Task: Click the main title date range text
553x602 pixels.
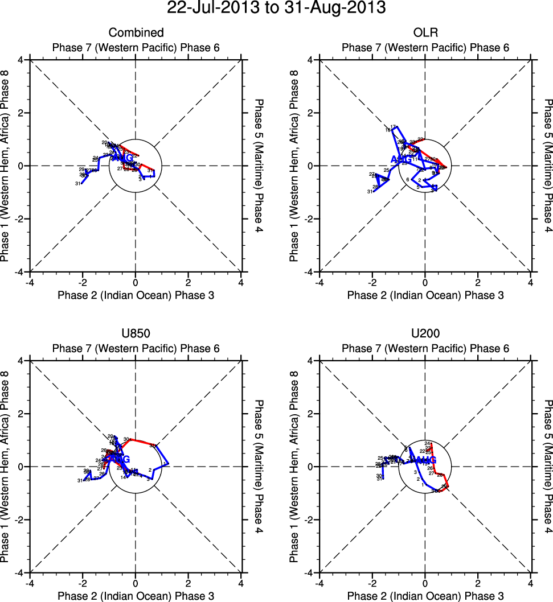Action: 276,9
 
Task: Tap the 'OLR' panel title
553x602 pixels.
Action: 425,33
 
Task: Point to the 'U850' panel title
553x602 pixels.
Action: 136,334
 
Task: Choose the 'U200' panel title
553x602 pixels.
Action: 425,334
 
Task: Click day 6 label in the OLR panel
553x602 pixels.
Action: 408,180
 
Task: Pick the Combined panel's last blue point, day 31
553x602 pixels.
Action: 81,183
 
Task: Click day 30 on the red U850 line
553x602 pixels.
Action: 126,439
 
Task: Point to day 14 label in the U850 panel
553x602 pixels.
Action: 123,477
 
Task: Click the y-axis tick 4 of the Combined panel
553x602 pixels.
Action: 21,60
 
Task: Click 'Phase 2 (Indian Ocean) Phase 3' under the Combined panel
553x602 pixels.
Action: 136,295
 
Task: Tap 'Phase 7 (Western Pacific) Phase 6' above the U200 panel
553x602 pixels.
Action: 425,348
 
